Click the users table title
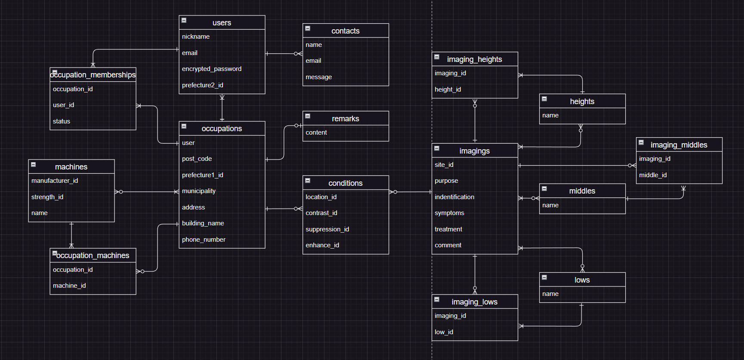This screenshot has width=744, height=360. (x=222, y=23)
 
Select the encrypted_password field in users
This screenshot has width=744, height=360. (x=212, y=69)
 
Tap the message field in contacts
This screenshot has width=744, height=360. (x=319, y=77)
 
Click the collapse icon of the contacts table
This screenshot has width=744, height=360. (x=308, y=28)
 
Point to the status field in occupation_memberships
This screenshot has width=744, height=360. (x=62, y=121)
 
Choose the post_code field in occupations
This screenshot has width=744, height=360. (x=197, y=159)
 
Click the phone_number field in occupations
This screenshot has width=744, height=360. (x=204, y=240)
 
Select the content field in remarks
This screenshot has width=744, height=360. (x=316, y=132)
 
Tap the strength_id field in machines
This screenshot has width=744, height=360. (x=47, y=197)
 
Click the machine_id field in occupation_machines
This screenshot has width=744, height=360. (x=69, y=286)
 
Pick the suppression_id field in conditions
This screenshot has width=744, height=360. (x=327, y=229)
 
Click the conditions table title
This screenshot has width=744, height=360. (x=345, y=183)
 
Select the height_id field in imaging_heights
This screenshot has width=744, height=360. (x=448, y=89)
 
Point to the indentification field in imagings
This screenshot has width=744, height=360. (x=454, y=197)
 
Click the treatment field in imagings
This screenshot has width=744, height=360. (x=448, y=229)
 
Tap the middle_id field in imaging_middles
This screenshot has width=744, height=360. (x=653, y=175)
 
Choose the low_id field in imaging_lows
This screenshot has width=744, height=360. (x=444, y=332)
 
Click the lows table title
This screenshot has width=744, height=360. (x=582, y=280)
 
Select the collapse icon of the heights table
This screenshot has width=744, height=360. (x=544, y=99)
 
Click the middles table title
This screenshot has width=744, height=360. (x=582, y=191)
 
